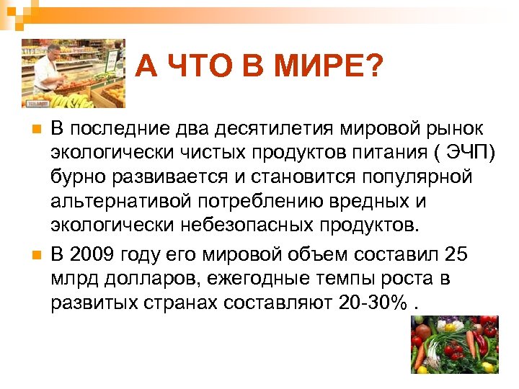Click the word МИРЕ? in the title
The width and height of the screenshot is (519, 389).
(x=327, y=69)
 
